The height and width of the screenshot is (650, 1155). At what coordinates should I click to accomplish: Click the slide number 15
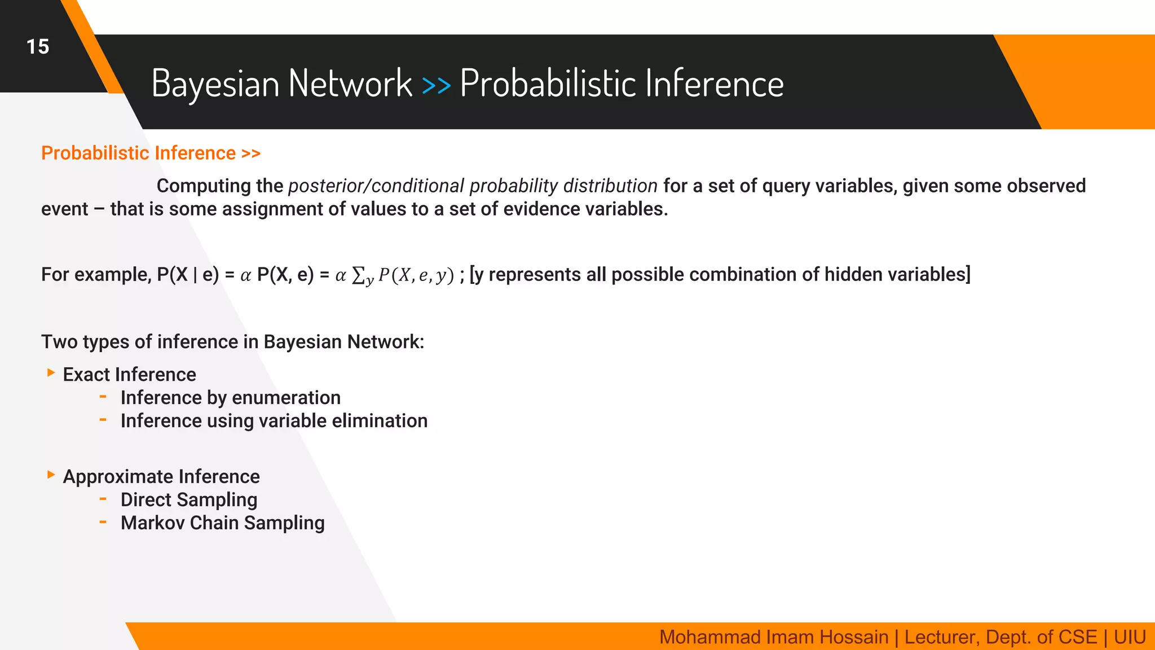[x=38, y=47]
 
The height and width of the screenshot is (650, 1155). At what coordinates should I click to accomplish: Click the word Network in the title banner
[x=350, y=84]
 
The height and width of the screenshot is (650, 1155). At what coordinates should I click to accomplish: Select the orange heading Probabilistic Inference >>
[x=151, y=153]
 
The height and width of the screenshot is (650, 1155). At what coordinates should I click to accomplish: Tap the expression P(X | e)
[x=188, y=275]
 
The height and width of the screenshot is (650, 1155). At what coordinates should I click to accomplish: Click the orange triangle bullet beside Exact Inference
[x=51, y=372]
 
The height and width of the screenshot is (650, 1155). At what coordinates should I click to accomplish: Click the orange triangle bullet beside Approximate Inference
[x=51, y=475]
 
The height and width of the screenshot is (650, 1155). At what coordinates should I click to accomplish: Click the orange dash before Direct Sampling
[x=103, y=499]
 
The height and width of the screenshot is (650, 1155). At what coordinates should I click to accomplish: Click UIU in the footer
[x=1130, y=637]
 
